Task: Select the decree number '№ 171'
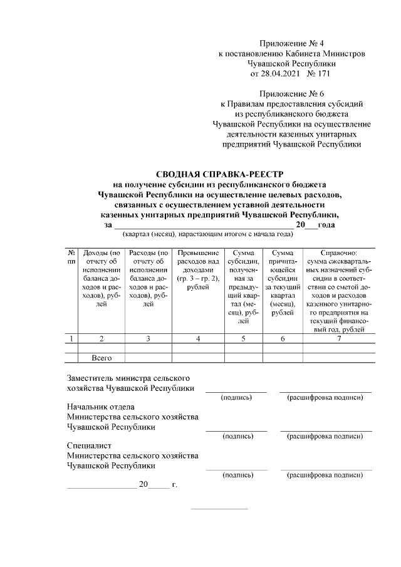[319, 74]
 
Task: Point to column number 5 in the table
[244, 339]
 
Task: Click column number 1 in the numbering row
[71, 339]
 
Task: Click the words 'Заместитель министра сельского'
[128, 378]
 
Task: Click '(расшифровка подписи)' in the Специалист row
[325, 476]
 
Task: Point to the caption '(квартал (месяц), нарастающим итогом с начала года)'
[209, 234]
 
